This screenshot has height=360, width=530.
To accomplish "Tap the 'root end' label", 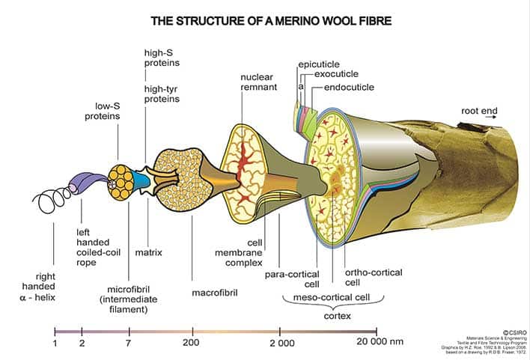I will coord(479,112).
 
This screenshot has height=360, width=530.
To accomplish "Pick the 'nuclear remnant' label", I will coord(259,82).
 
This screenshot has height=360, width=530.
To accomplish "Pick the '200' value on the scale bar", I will coord(193,344).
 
